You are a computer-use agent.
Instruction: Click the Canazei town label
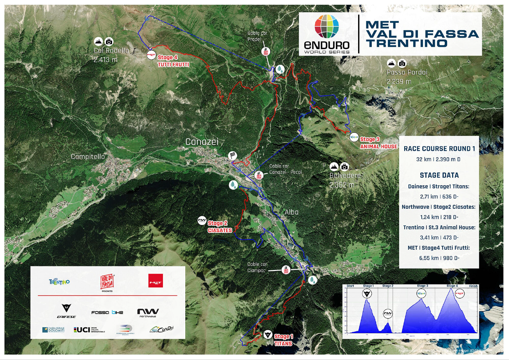tap(202, 142)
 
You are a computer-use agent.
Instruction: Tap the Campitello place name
tap(88, 157)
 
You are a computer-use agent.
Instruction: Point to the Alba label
tap(291, 212)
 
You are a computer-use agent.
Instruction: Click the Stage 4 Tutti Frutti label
tap(173, 61)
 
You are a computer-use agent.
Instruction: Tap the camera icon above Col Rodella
tap(109, 41)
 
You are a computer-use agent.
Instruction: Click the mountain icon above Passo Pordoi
tap(391, 63)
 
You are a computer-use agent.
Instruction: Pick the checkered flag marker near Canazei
tap(232, 155)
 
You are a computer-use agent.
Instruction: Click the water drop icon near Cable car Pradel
tap(280, 69)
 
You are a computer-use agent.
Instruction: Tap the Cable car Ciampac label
tap(257, 267)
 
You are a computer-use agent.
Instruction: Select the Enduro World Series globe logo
tap(327, 27)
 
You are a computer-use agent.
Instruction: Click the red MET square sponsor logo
tap(155, 281)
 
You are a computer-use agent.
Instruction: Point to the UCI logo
tap(82, 329)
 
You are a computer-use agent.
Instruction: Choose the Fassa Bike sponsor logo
tap(107, 312)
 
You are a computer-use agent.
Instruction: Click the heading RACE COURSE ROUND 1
tap(439, 148)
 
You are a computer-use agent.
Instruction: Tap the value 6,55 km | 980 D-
tap(439, 258)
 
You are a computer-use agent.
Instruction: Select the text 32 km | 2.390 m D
tap(438, 159)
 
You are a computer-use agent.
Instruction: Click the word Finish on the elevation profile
tap(473, 286)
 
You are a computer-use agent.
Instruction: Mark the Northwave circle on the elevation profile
tap(388, 314)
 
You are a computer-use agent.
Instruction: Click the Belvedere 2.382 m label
tap(345, 180)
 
